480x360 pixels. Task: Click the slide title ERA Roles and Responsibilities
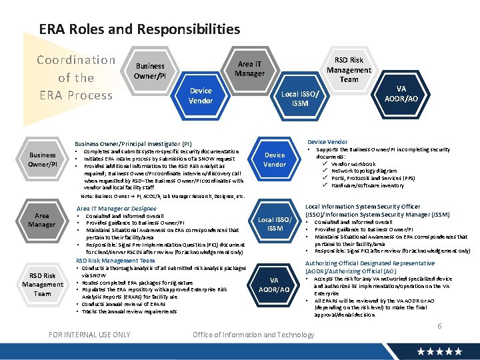pos(139,29)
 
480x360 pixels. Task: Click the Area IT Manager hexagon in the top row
pos(249,69)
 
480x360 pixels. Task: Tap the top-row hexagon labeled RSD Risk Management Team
pos(348,70)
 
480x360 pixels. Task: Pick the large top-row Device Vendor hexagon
pos(201,95)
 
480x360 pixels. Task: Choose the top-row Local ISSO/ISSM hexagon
pos(299,99)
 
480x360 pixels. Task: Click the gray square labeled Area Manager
pos(41,220)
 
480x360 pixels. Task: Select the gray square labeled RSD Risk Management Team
pos(42,285)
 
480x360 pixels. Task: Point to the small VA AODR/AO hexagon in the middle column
pos(274,285)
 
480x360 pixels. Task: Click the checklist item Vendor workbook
pos(353,164)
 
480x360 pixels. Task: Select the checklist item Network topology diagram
pos(363,171)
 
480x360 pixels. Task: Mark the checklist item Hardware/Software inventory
pos(367,185)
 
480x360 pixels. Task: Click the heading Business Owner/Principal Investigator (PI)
pos(133,143)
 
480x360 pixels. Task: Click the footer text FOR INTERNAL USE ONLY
pos(90,334)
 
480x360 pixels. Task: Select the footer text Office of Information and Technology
pos(253,335)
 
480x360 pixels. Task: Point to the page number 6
pos(439,325)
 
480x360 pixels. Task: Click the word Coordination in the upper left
pos(76,60)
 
